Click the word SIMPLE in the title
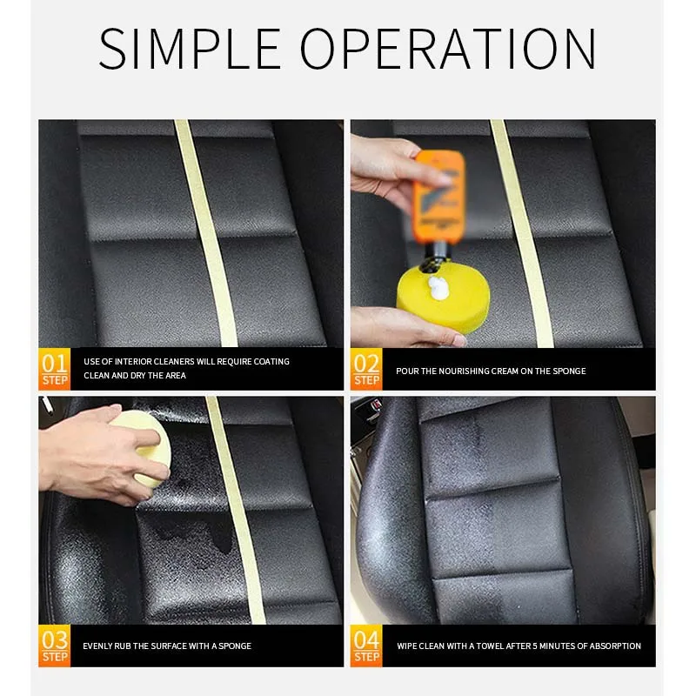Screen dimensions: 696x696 tap(190, 49)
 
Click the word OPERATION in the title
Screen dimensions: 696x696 tap(448, 49)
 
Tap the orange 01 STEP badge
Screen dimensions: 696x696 tap(55, 369)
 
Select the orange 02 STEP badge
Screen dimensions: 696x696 tap(366, 369)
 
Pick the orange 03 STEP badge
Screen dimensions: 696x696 tap(55, 646)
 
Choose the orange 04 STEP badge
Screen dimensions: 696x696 tap(366, 646)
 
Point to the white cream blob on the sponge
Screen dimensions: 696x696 tap(439, 288)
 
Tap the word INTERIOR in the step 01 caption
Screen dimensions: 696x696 tap(133, 362)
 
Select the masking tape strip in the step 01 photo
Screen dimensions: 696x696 tap(207, 233)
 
